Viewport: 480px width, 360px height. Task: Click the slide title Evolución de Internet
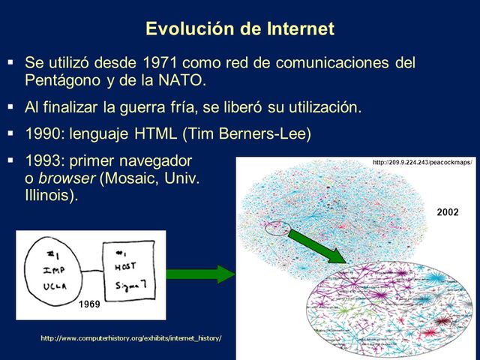click(x=240, y=29)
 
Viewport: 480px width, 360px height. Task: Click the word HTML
click(x=152, y=135)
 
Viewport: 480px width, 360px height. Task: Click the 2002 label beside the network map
click(x=447, y=213)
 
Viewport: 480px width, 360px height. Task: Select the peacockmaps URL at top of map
click(x=422, y=163)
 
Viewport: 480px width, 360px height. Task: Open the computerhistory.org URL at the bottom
click(x=131, y=338)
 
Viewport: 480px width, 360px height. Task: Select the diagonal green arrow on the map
click(x=316, y=246)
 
